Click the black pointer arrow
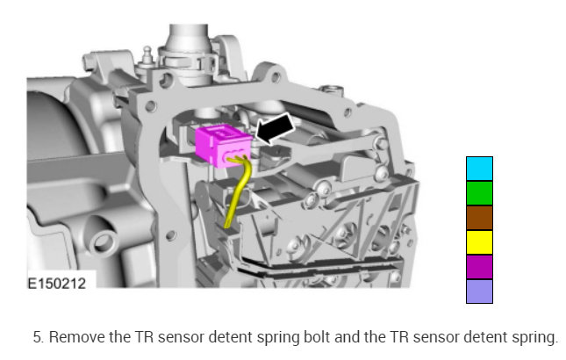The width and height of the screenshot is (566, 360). pos(276,129)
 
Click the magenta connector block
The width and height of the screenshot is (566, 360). pos(223,145)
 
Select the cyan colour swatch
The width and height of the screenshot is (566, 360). pos(479,169)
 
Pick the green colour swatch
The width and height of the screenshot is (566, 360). pos(479,193)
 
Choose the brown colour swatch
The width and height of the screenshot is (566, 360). pos(479,218)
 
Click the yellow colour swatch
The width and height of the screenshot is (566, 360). pos(479,242)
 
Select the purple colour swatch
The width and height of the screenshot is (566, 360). pos(479,267)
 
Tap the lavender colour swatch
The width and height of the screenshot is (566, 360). pos(479,292)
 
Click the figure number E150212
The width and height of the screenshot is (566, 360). pos(57,284)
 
